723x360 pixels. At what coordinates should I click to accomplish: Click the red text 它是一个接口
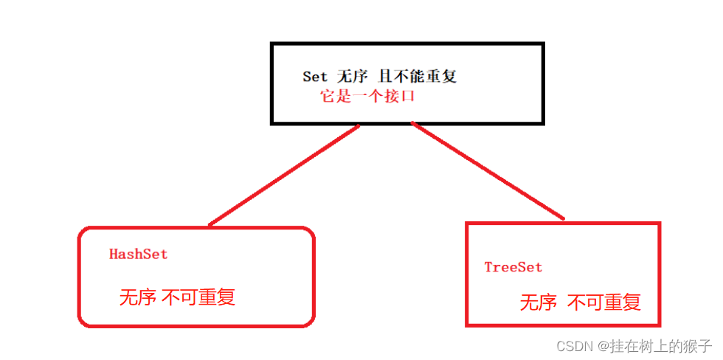tap(367, 96)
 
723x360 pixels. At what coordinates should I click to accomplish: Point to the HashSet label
tap(138, 255)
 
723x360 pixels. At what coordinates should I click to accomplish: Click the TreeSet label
tap(513, 267)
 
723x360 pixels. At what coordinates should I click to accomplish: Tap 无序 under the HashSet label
tap(137, 297)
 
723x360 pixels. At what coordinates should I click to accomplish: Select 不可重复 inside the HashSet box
tap(198, 297)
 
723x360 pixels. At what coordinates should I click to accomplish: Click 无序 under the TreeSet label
tap(539, 302)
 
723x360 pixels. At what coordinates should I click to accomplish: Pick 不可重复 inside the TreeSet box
tap(604, 302)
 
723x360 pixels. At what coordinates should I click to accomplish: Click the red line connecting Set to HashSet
tap(284, 176)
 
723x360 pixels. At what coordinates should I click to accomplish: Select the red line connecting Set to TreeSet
tap(487, 171)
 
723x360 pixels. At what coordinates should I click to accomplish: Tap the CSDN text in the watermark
tap(575, 346)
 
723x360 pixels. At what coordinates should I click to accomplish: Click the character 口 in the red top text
tap(407, 96)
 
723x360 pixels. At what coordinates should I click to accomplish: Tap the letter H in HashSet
tap(114, 255)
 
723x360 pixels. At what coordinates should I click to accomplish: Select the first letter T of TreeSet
tap(488, 267)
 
